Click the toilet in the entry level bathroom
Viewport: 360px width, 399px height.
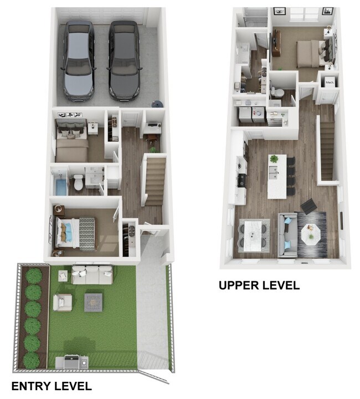click(x=79, y=181)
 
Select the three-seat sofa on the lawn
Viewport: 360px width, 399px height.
click(x=92, y=274)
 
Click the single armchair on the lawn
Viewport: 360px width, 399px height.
click(x=63, y=303)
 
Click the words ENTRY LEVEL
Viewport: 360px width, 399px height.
click(x=52, y=386)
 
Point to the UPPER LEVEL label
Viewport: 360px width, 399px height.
click(x=259, y=285)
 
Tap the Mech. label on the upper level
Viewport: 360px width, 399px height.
click(x=330, y=82)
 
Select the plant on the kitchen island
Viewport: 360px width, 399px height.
click(x=274, y=160)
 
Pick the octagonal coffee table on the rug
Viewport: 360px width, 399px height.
click(x=311, y=236)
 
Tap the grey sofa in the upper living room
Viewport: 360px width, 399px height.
click(x=287, y=236)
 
